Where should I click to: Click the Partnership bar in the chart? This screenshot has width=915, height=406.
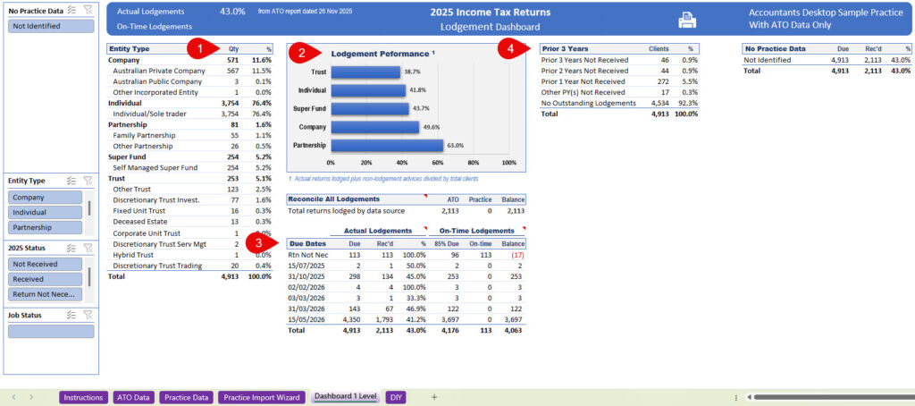click(x=387, y=145)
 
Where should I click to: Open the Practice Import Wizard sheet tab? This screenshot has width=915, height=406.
click(x=263, y=396)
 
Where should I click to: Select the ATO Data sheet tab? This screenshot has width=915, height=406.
click(x=133, y=396)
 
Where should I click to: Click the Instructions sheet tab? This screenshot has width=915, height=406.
click(x=83, y=396)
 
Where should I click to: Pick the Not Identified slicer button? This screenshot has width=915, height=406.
click(x=51, y=26)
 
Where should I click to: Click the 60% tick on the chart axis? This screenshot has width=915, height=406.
click(x=438, y=163)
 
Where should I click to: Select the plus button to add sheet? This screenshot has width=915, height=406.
click(x=434, y=396)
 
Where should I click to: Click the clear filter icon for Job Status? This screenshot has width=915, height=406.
click(x=88, y=314)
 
